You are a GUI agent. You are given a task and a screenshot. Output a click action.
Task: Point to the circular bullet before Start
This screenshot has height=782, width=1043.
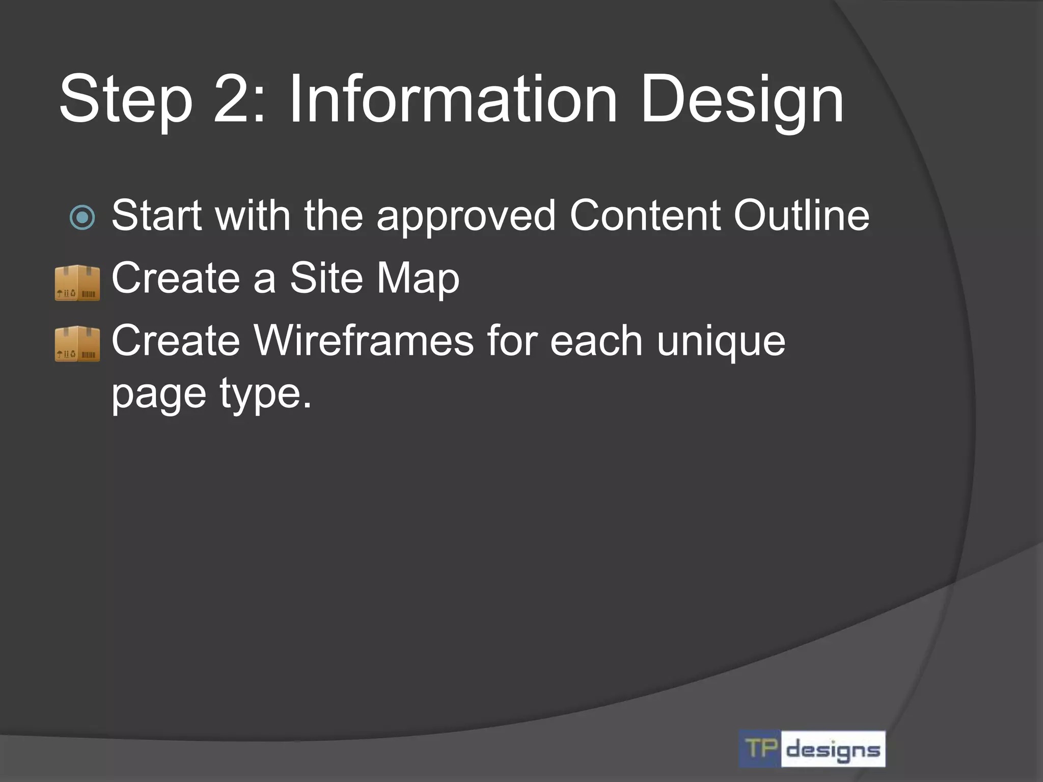click(x=82, y=217)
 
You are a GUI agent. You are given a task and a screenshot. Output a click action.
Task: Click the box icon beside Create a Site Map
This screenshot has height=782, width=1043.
click(x=77, y=282)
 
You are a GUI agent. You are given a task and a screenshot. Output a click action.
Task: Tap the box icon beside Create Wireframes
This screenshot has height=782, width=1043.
click(x=77, y=344)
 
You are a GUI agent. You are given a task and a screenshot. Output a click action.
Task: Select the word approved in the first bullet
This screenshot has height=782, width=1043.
click(x=465, y=217)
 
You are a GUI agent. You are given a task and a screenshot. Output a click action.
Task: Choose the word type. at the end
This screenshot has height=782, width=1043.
click(x=265, y=395)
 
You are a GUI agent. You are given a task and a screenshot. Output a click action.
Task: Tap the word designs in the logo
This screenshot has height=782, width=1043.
click(x=833, y=749)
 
